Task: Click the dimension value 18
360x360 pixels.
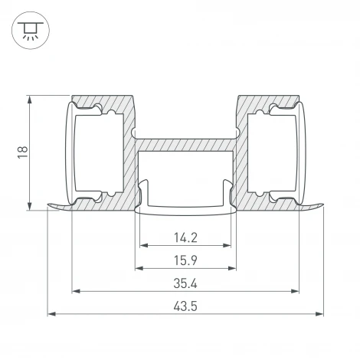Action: pos(23,152)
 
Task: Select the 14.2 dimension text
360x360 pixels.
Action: pos(185,237)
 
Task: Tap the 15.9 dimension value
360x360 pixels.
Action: pos(185,260)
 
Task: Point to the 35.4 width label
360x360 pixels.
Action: pos(185,283)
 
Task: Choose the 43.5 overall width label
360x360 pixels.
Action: pos(185,306)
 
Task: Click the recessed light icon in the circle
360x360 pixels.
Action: pos(31,31)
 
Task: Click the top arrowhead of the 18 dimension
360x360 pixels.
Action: pos(30,100)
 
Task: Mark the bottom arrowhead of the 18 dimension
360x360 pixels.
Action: pos(30,206)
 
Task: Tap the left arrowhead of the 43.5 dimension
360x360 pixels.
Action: pos(52,313)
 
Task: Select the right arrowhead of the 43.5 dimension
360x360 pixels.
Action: pos(319,313)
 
